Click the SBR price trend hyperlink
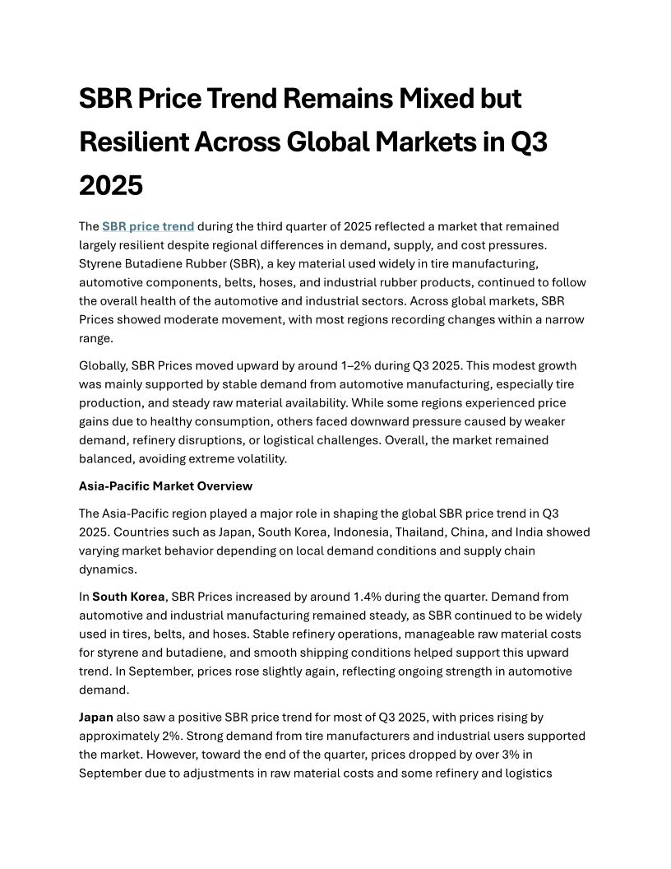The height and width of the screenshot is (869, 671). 148,226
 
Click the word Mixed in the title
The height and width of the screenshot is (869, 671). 437,99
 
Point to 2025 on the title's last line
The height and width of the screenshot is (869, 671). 111,185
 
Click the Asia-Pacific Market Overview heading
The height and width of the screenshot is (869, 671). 165,486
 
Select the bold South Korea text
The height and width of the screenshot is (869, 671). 128,597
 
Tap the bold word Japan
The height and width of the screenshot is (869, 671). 96,718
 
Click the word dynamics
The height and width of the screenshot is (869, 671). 106,569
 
